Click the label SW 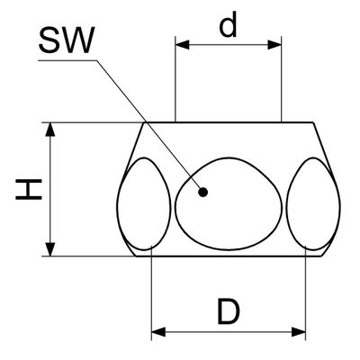pos(67,40)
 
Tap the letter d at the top pos(228,24)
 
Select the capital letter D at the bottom pos(229,311)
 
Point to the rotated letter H pos(29,189)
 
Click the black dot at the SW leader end pos(203,192)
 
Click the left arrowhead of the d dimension pos(183,45)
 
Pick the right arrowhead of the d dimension pos(274,45)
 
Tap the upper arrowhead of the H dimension pos(50,130)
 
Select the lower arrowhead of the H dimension pos(50,249)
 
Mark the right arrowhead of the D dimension pos(299,332)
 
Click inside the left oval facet pos(144,204)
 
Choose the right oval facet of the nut pos(313,204)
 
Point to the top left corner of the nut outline pos(144,122)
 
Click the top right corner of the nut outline pos(313,122)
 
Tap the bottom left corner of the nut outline pos(136,256)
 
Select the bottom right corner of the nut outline pos(321,256)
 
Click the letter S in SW pos(49,40)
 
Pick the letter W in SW pos(78,40)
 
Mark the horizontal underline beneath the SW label pos(67,60)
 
